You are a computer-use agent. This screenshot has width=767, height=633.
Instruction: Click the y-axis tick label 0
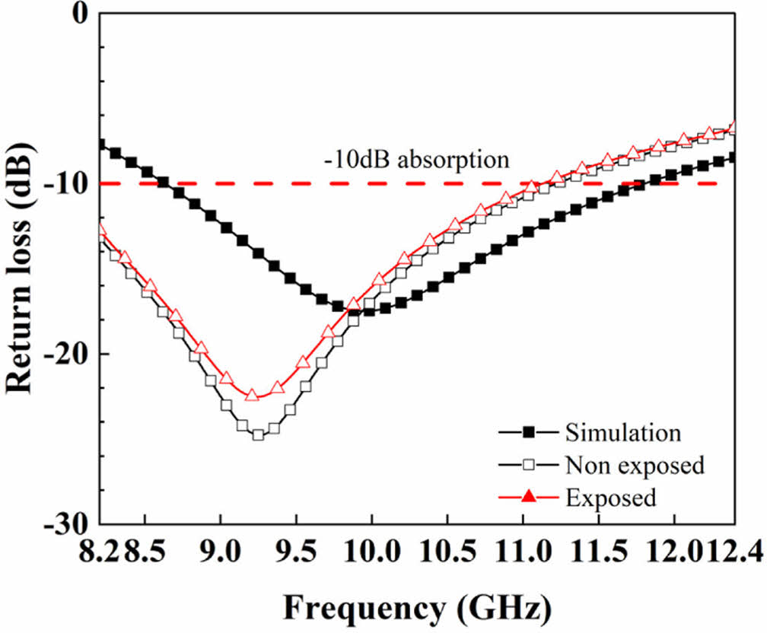(x=80, y=14)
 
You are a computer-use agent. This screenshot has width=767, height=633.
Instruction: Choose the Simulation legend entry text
(x=622, y=433)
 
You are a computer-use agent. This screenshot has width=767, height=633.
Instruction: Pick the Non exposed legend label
(x=634, y=465)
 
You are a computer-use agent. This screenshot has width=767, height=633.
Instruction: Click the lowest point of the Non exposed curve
(x=258, y=435)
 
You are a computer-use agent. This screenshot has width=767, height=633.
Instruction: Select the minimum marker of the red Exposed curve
(x=253, y=396)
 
